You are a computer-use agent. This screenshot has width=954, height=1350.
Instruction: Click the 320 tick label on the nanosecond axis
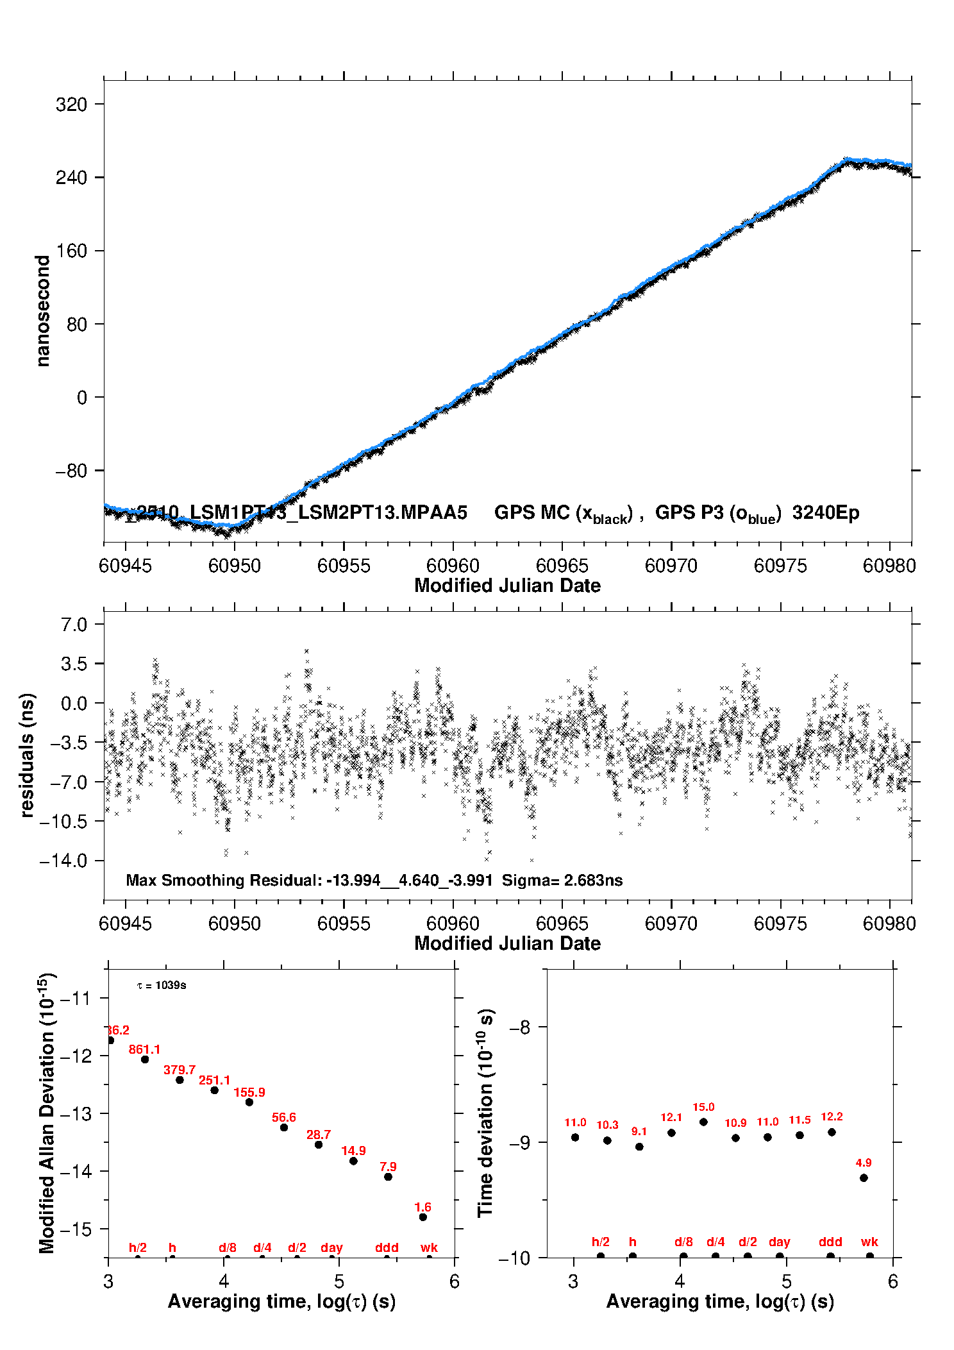tap(71, 105)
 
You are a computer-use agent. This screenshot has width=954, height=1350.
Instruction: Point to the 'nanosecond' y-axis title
tap(43, 311)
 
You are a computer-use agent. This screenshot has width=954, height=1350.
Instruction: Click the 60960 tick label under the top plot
tap(453, 566)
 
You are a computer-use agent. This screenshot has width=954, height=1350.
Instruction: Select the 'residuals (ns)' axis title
tap(27, 755)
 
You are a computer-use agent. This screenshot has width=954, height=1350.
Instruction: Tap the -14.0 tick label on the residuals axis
tap(63, 861)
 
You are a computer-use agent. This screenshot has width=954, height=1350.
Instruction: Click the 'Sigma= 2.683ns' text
tap(562, 881)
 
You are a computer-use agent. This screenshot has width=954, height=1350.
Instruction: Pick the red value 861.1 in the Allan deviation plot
tap(144, 1049)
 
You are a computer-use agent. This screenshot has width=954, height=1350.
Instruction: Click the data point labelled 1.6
tap(423, 1217)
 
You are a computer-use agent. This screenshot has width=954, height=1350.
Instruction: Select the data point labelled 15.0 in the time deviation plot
tap(703, 1122)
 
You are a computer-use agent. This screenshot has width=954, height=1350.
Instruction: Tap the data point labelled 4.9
tap(864, 1178)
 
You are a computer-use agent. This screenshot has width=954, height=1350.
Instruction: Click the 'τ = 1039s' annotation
tap(162, 985)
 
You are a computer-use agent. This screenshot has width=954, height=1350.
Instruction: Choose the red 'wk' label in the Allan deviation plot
tap(429, 1247)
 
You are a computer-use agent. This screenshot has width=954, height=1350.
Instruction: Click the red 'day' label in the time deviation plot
tap(779, 1242)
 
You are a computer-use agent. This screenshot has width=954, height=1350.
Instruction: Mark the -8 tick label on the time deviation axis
tap(520, 1027)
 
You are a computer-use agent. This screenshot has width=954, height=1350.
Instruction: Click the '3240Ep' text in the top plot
tap(825, 513)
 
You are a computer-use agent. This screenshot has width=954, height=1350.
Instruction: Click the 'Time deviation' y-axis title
tap(485, 1113)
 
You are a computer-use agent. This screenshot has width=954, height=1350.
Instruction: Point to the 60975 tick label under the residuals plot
tap(780, 924)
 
